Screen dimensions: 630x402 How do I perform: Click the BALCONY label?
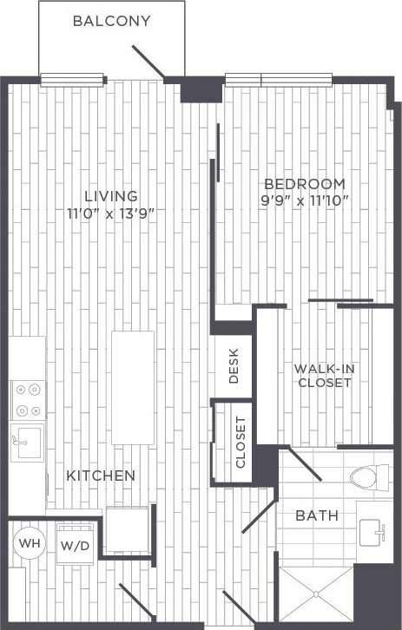111,20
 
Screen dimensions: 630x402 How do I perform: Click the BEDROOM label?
304,184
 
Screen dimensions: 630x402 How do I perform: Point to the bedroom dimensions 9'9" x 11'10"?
304,201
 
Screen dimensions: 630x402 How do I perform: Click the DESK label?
234,365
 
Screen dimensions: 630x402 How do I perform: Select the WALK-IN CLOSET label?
323,375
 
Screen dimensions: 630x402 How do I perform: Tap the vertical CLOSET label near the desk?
241,442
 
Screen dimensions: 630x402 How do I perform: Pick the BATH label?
316,515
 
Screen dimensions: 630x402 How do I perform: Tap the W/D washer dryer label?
74,547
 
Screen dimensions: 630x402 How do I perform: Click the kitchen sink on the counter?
26,441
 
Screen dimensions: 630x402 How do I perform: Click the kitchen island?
133,387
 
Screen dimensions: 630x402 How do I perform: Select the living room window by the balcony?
73,82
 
